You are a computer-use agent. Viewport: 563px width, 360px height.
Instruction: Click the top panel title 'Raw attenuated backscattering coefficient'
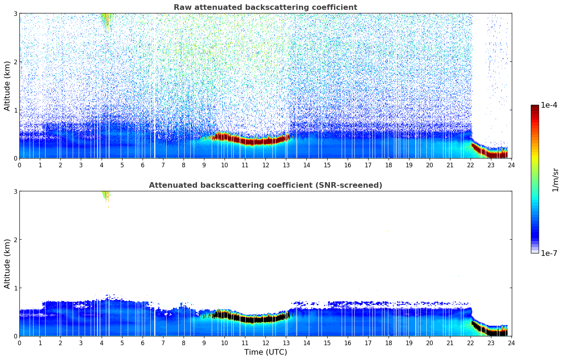click(x=265, y=7)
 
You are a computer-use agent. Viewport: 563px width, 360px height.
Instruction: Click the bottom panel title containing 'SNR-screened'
click(x=265, y=185)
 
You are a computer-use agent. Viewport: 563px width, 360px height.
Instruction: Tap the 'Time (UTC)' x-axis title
click(x=265, y=352)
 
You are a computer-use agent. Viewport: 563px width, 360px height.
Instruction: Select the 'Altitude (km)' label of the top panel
click(x=7, y=86)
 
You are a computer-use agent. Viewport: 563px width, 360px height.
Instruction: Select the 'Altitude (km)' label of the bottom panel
click(x=7, y=264)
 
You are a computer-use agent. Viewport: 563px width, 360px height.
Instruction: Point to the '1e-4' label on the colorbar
click(x=549, y=105)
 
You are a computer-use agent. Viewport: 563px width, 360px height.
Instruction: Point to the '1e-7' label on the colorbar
click(x=549, y=253)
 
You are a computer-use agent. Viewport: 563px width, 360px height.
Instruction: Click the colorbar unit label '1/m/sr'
click(x=555, y=180)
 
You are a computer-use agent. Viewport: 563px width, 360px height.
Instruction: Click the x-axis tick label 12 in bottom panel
click(x=265, y=343)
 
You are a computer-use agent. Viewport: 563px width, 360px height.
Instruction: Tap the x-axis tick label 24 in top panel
click(x=511, y=165)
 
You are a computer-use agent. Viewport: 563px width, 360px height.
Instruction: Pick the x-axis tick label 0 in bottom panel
click(x=19, y=343)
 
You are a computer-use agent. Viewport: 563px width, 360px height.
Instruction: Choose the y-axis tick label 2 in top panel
click(x=15, y=62)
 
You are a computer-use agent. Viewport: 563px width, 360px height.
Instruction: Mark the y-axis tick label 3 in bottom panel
click(x=15, y=191)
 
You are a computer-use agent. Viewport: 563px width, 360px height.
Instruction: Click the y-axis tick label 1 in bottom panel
click(x=15, y=288)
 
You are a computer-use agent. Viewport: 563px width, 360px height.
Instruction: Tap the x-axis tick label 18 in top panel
click(x=388, y=165)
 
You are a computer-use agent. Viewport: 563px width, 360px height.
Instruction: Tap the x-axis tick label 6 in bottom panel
click(x=143, y=343)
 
